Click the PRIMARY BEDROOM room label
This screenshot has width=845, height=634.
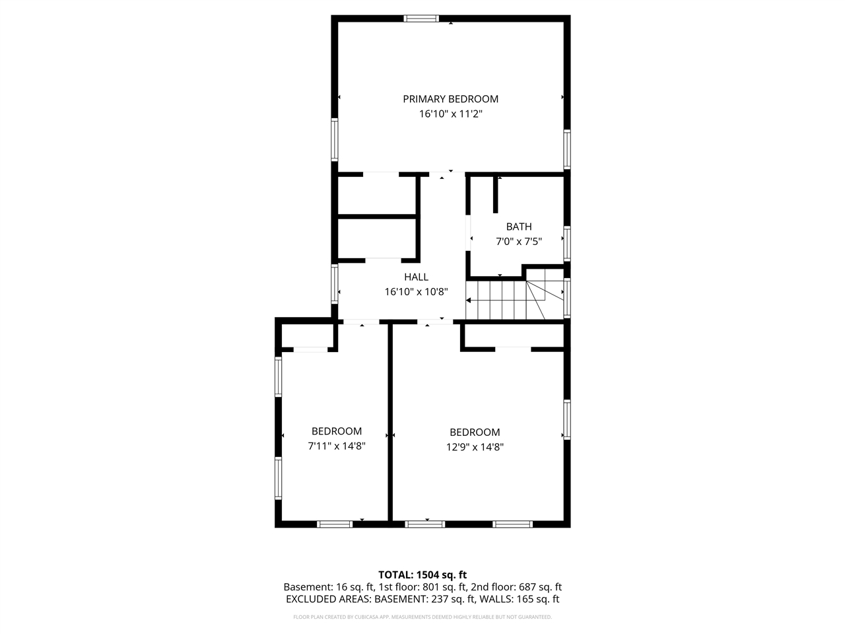pos(450,99)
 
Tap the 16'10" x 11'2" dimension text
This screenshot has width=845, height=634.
pos(450,114)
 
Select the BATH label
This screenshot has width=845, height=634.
pos(519,227)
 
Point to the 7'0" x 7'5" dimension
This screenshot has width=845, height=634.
pos(519,242)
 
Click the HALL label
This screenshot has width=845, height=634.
pos(416,277)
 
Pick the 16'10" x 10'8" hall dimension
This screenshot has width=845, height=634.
pos(416,292)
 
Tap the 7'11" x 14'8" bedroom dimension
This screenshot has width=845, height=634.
pos(337,446)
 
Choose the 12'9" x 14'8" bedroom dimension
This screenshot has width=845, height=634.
pos(475,446)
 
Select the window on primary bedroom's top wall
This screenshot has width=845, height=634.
pos(421,18)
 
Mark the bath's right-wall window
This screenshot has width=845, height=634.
pos(567,243)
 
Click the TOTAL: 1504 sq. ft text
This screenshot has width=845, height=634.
pos(422,575)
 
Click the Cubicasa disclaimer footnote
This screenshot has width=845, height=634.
pos(422,617)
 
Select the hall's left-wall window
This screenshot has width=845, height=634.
pos(335,284)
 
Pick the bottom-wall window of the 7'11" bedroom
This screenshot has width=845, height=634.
pos(335,524)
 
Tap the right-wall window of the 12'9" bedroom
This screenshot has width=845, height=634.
pos(567,419)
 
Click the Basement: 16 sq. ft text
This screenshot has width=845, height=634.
pos(329,586)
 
